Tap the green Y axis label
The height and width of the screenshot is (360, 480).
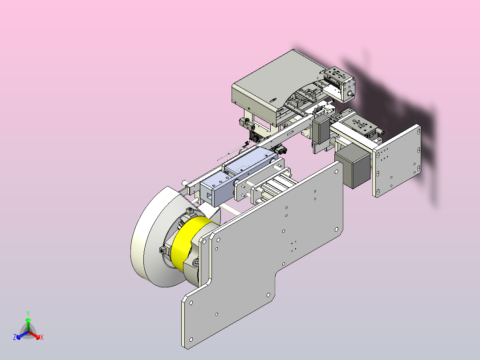pos(28,314)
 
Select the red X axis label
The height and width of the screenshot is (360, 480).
pos(42,337)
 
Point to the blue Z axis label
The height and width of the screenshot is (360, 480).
pos(15,337)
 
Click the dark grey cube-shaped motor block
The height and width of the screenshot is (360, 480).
pos(353,166)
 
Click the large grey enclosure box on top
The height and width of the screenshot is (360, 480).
pos(276,87)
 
